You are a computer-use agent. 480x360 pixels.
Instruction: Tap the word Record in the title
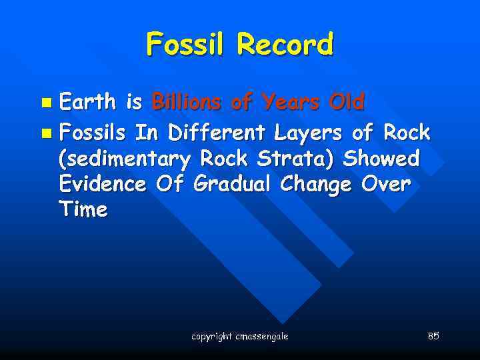[284, 45]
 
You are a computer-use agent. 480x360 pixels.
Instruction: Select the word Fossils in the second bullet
[93, 133]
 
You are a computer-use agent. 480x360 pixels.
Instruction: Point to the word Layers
[309, 133]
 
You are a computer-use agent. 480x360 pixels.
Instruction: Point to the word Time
[83, 209]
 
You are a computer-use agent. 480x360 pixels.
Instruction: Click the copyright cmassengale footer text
[239, 336]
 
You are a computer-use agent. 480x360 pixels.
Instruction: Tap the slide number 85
[433, 335]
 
